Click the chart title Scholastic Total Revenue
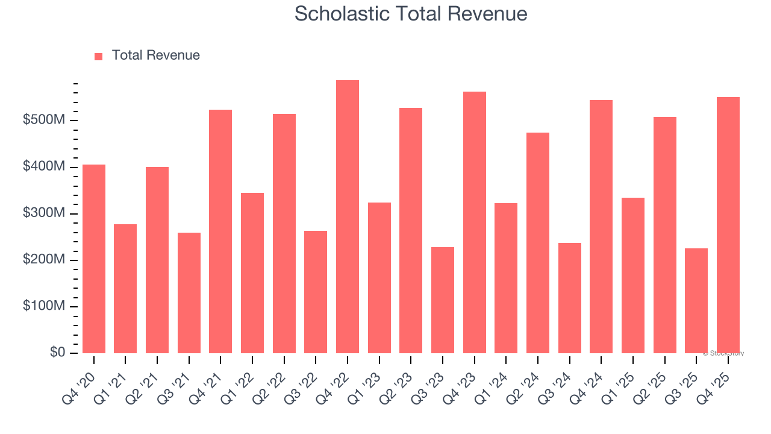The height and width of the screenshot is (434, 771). pos(411,14)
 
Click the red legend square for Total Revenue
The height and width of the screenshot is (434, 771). pos(99,56)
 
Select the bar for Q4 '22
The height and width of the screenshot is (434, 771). pos(348,217)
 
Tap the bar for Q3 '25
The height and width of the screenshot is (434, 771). pos(696,301)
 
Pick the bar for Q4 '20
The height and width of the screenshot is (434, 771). pos(94,259)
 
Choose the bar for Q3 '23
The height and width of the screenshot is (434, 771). pos(443,300)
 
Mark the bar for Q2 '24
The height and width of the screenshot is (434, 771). pos(538,243)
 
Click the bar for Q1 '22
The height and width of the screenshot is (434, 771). pos(252,273)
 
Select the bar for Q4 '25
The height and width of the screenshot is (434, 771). pos(728,225)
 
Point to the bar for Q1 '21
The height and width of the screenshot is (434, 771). pos(125,289)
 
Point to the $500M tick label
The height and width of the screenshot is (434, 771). pos(44,121)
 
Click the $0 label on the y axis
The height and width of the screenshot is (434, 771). pos(58,353)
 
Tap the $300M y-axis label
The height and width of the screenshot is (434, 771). pos(44,213)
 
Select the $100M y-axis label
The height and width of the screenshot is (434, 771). pos(44,306)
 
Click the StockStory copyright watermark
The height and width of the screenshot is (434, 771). pos(723,353)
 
